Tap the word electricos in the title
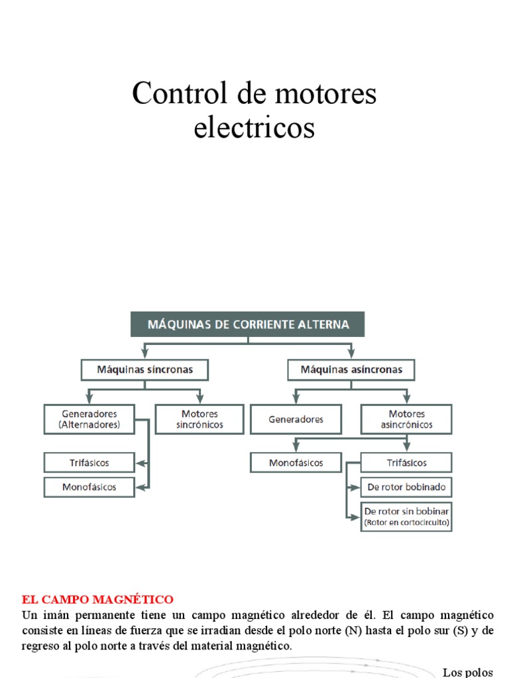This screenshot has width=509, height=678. [254, 127]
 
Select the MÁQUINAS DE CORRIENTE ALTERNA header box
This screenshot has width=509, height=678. [248, 324]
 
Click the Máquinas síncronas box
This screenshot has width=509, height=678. [145, 369]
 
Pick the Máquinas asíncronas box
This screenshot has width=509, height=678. [351, 369]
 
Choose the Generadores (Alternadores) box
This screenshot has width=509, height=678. [89, 419]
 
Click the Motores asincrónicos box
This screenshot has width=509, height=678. [406, 419]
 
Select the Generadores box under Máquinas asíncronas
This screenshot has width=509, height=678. [296, 419]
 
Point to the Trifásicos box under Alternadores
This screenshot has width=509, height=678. [89, 462]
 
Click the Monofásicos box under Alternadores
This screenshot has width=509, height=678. [89, 487]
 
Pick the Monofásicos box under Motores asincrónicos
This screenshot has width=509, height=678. [296, 462]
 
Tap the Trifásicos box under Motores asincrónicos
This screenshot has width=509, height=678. [406, 462]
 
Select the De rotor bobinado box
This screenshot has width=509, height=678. [406, 488]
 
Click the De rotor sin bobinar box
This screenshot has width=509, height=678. [406, 517]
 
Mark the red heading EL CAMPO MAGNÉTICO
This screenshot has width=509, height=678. [97, 600]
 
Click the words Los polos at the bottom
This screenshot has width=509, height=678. [468, 672]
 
